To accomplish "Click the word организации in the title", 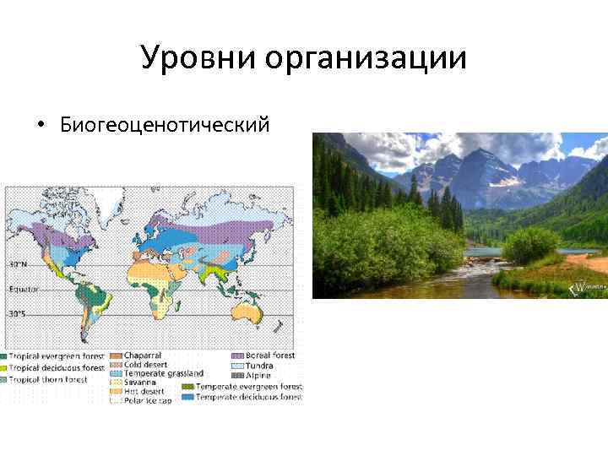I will pos(365,58).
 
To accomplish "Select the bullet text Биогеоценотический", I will pos(165,125).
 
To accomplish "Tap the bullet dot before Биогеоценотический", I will pos(40,126).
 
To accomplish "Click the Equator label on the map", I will pos(23,289).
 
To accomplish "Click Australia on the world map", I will pos(250,313).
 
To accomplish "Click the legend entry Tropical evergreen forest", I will pos(56,356).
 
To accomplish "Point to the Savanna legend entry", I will pos(138,382).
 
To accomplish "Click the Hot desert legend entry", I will pos(142,391).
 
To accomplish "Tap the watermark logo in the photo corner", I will pos(584,289).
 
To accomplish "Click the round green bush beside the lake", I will pos(529,245).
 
